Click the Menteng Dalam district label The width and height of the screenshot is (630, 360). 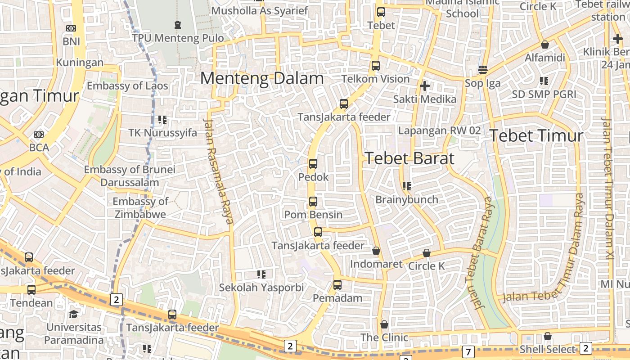click(x=262, y=79)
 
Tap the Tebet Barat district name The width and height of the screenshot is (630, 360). click(x=409, y=158)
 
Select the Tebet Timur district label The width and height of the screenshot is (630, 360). click(x=536, y=135)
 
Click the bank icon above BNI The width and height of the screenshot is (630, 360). click(x=71, y=28)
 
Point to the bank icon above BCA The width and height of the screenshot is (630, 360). click(x=39, y=135)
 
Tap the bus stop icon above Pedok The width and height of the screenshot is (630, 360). click(x=313, y=164)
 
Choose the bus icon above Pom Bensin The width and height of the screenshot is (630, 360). click(x=313, y=202)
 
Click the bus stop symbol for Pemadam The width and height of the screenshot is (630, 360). click(x=337, y=285)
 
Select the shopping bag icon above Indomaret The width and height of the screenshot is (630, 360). click(x=376, y=251)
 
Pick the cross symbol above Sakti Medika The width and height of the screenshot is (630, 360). click(x=424, y=85)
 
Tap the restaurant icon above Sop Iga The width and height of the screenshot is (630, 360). click(x=483, y=70)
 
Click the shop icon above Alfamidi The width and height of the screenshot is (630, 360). click(x=544, y=45)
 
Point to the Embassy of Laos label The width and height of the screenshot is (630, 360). click(x=127, y=85)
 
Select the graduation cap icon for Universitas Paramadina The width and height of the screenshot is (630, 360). click(x=73, y=314)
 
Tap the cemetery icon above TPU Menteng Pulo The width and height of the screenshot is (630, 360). click(x=178, y=24)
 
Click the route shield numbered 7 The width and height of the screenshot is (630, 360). click(x=468, y=351)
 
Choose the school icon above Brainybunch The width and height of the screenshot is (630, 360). click(x=406, y=186)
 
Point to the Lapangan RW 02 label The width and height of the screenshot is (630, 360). click(x=439, y=130)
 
